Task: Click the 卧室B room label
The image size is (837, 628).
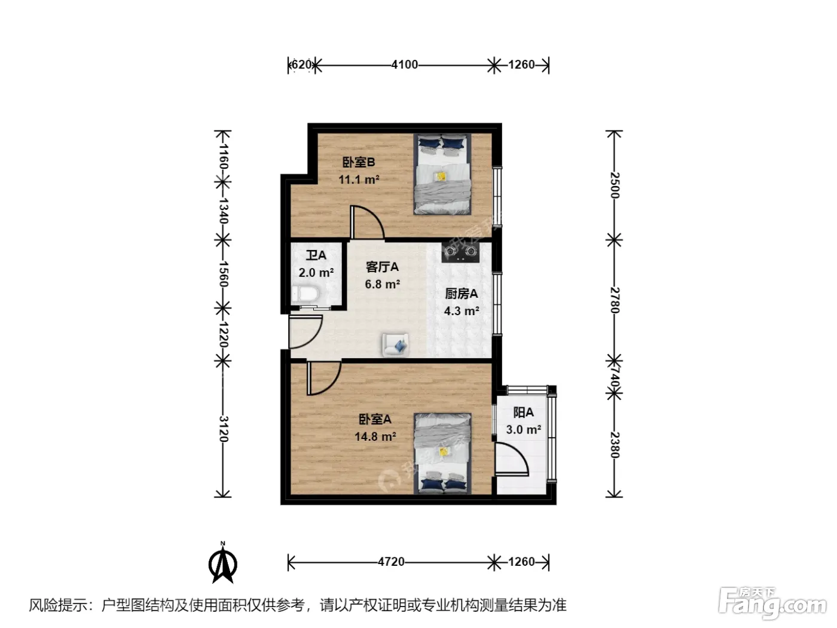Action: [358, 163]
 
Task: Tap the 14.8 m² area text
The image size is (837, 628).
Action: [375, 436]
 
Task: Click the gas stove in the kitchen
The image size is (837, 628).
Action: [460, 252]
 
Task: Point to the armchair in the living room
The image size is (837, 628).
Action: [395, 345]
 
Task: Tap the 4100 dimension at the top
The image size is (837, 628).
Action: [405, 65]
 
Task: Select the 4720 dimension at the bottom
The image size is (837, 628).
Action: [391, 562]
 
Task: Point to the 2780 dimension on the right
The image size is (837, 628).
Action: [615, 300]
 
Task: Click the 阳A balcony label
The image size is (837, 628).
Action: [523, 413]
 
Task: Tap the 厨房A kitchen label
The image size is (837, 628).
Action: [462, 294]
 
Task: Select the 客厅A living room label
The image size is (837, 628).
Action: [382, 267]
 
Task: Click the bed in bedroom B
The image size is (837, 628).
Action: [442, 174]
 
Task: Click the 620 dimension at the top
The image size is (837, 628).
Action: [301, 65]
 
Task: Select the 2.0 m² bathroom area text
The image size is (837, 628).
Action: [316, 273]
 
